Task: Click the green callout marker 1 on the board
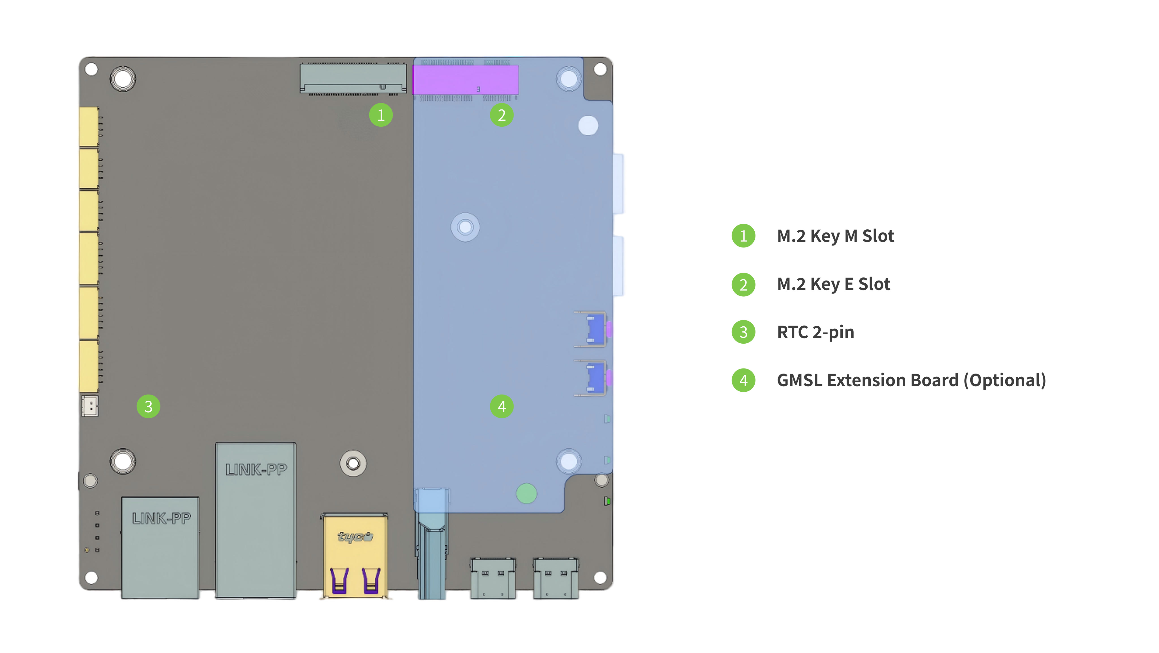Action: pos(381,115)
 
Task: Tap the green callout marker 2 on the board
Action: pos(502,115)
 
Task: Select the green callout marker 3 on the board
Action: pos(149,407)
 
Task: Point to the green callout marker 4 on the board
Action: pos(502,407)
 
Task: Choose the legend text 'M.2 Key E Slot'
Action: pos(834,284)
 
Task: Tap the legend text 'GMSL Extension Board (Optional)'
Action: pos(911,380)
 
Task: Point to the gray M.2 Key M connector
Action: pos(353,79)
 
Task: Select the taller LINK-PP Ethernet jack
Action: pos(256,520)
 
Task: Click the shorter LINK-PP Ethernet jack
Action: pos(160,548)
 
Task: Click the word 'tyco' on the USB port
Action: pos(355,536)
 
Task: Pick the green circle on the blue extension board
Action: pos(526,493)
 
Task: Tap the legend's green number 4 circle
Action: pos(744,380)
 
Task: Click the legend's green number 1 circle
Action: pos(744,236)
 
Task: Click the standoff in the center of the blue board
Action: pos(465,227)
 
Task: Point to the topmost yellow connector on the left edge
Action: pos(89,127)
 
